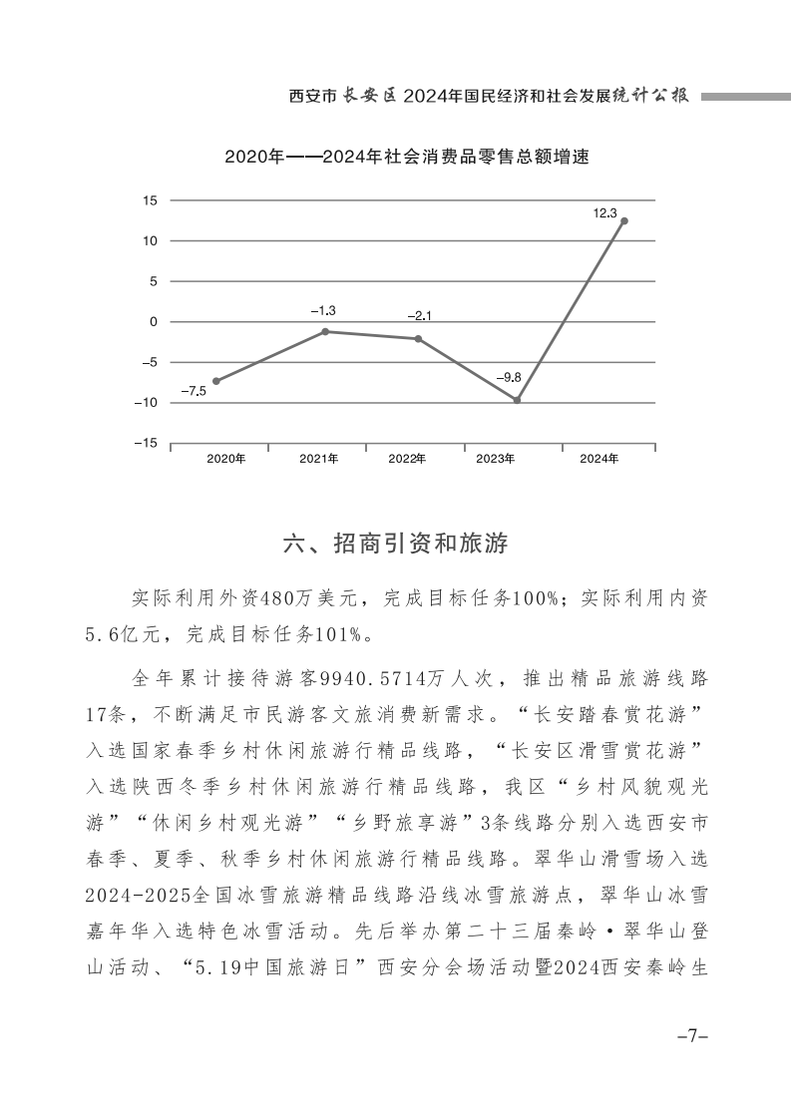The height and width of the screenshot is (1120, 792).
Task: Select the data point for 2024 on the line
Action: (x=624, y=221)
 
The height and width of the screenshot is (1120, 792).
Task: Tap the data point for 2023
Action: (x=517, y=400)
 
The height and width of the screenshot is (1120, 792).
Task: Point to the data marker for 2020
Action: (x=216, y=381)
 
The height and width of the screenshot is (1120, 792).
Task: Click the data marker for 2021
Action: (x=325, y=331)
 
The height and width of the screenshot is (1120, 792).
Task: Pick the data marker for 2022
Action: (x=418, y=339)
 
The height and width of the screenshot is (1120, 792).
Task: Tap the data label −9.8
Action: (x=509, y=378)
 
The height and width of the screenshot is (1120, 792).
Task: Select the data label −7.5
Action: (x=193, y=391)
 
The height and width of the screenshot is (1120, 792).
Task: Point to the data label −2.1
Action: (x=419, y=316)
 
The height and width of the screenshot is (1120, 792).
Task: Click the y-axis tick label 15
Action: (x=151, y=200)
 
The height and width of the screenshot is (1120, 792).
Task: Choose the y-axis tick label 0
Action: (x=154, y=322)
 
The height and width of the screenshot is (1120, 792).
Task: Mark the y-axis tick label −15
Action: (x=147, y=444)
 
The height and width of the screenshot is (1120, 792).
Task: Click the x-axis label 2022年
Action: (x=407, y=459)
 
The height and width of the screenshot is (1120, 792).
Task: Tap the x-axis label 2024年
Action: (x=599, y=459)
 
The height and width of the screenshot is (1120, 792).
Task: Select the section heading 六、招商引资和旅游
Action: (x=396, y=544)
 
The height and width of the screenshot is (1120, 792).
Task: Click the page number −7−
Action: (x=691, y=1036)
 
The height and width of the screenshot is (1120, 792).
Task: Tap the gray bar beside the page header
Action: (x=745, y=97)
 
